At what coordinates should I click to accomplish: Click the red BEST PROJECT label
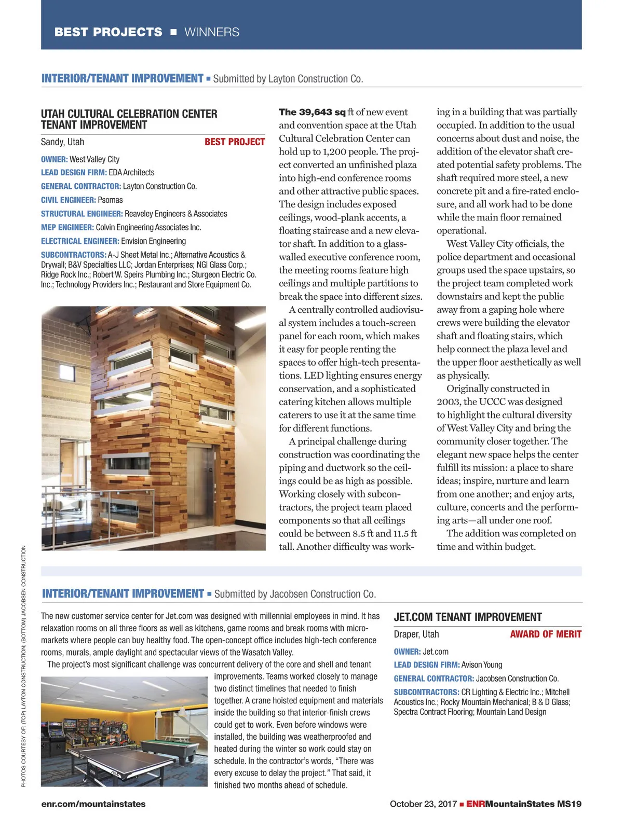234,142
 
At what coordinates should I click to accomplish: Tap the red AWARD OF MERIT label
545,634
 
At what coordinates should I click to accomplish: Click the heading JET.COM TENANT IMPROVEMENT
467,617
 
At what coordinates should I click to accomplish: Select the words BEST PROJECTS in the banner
108,32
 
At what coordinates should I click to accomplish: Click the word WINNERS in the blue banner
212,32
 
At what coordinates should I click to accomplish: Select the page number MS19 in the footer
569,804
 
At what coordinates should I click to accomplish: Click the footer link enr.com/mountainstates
93,804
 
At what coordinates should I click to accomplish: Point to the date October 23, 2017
423,804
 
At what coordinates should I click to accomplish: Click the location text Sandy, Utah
62,142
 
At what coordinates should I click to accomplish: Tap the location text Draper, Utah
416,634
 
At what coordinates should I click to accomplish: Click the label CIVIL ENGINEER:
68,200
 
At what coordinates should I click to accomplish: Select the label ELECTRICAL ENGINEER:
80,241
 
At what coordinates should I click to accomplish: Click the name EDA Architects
131,172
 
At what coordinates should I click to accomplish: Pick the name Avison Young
482,665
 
